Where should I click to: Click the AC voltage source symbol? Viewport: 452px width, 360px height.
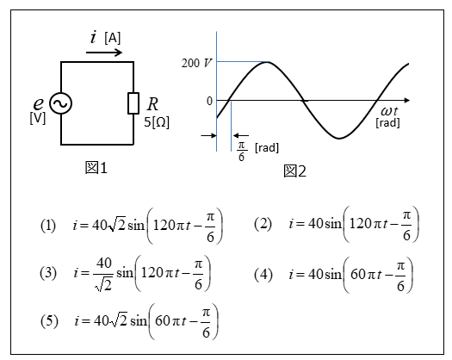(x=60, y=103)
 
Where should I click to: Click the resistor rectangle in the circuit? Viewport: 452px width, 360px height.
(x=133, y=103)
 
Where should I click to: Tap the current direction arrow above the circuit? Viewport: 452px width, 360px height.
(x=104, y=53)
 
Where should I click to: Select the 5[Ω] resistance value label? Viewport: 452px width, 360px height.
(x=157, y=122)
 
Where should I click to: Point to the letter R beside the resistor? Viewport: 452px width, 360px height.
(x=152, y=104)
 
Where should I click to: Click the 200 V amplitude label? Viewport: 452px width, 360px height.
(x=196, y=63)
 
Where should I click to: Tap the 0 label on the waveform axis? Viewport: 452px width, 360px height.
(x=209, y=102)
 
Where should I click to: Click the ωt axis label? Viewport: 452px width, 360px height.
(x=389, y=111)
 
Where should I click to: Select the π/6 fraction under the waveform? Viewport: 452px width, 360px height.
(x=241, y=152)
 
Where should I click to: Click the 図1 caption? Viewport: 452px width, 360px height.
(x=96, y=168)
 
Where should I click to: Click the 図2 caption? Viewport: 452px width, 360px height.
(x=294, y=171)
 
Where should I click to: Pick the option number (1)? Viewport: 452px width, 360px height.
(x=48, y=226)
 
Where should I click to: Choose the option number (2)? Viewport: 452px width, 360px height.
(x=263, y=224)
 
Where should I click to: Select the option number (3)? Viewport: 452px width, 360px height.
(x=48, y=273)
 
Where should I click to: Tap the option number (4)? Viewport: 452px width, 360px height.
(x=263, y=275)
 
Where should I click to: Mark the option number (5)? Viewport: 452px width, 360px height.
(x=49, y=320)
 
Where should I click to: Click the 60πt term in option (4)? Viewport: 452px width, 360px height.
(x=366, y=275)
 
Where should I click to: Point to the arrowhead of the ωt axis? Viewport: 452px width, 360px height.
(x=407, y=101)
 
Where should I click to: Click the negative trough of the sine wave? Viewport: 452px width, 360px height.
(x=339, y=139)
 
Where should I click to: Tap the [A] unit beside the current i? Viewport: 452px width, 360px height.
(x=113, y=38)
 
